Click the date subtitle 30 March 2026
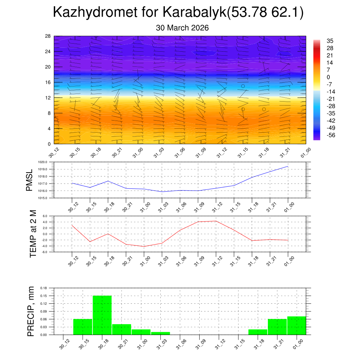click(182, 28)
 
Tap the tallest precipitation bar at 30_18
click(102, 315)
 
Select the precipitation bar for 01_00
click(296, 326)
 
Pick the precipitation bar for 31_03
click(160, 333)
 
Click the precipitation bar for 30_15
click(83, 327)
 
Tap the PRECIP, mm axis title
click(31, 311)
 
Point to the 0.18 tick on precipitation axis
click(44, 288)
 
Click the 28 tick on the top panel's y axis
click(48, 36)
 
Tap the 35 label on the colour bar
click(330, 41)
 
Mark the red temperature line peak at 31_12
click(216, 221)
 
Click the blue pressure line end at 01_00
click(288, 166)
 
